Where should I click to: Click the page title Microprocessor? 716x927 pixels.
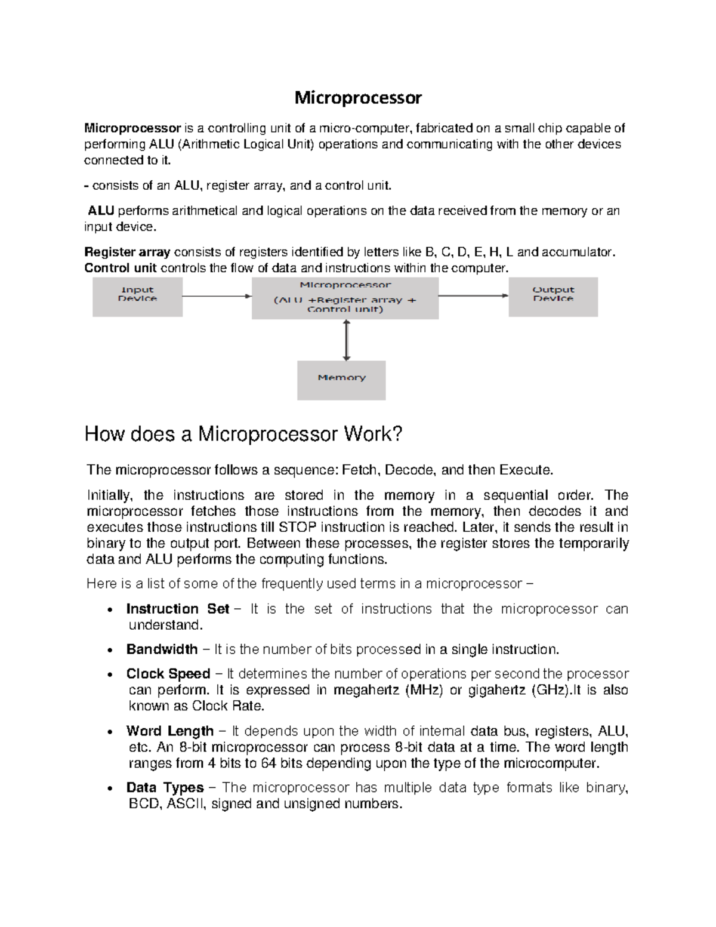click(358, 98)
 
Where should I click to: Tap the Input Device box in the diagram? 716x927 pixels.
click(137, 297)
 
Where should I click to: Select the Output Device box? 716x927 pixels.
click(553, 297)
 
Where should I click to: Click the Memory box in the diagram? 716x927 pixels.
click(341, 380)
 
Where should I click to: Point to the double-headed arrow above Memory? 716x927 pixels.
click(346, 340)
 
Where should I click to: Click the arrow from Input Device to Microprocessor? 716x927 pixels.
click(217, 296)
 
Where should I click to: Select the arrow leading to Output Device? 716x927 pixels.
click(473, 295)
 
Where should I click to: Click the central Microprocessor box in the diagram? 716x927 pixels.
click(345, 298)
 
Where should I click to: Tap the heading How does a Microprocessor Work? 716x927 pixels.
click(244, 434)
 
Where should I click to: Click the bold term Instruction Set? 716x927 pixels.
click(177, 609)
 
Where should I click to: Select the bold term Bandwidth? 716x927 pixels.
click(162, 649)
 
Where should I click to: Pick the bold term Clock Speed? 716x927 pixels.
click(168, 674)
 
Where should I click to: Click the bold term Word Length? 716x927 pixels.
click(169, 731)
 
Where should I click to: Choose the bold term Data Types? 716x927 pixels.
click(165, 788)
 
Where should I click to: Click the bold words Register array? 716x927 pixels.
click(127, 252)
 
